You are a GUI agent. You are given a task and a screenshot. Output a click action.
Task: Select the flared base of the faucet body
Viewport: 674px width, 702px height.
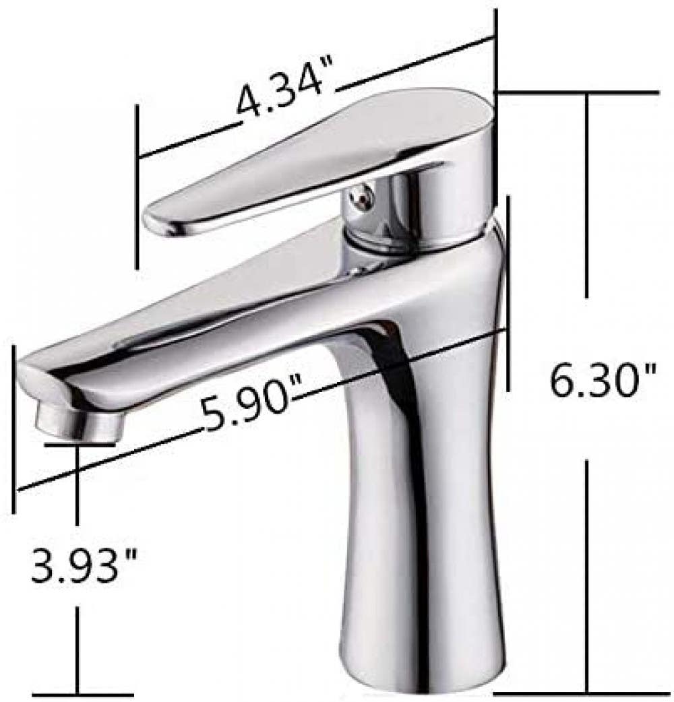coord(418,647)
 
